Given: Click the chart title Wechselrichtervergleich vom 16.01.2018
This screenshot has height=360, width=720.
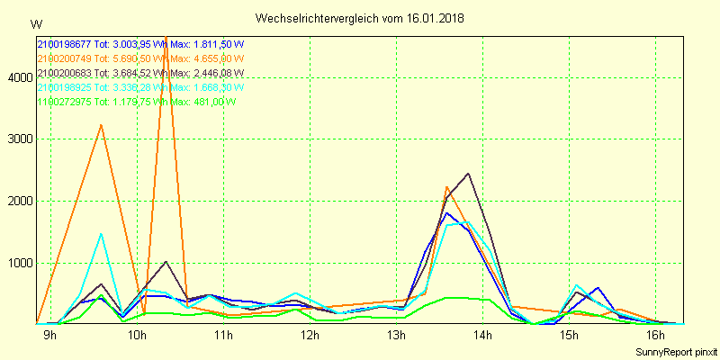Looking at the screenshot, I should coord(359,18).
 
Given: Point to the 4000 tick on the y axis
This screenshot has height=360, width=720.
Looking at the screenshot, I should coord(19,78).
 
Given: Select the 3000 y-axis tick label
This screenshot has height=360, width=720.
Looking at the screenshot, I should coord(19,139).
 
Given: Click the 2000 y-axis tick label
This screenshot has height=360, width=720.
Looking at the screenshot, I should coord(19,202).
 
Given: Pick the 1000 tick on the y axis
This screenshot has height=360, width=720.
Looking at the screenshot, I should coord(19,264).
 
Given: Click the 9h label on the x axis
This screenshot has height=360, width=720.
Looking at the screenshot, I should coord(50,336).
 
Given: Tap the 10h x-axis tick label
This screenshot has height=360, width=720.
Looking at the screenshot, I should coord(137,336).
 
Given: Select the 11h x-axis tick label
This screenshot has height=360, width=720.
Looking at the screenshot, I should coord(223,336).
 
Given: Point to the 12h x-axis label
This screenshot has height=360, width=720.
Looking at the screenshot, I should coord(310,336).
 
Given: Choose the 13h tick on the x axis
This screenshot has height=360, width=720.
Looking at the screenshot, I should coord(396,336).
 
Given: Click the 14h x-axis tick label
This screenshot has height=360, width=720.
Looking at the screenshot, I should coord(482,336).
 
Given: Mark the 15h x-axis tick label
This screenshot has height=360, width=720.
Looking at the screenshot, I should coord(569,336).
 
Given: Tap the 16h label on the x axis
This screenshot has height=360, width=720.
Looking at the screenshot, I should coord(655,336).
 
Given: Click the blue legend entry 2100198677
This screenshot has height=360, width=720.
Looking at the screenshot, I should coord(140,44).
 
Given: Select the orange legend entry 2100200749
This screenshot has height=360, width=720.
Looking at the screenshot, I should coord(140,58).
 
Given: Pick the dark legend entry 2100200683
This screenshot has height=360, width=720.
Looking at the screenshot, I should coord(140,73).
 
